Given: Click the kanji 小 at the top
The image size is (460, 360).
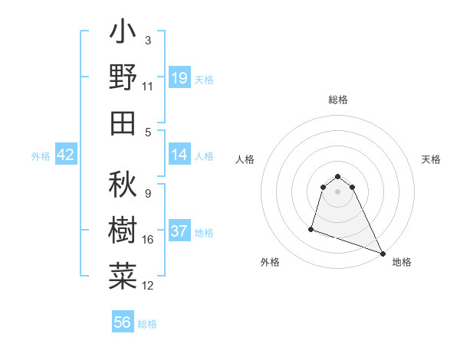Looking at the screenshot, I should pyautogui.click(x=123, y=34).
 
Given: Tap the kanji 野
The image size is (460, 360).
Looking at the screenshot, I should pyautogui.click(x=123, y=77).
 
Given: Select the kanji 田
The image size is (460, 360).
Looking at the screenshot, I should pyautogui.click(x=123, y=123).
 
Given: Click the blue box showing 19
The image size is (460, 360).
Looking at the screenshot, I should pyautogui.click(x=179, y=78).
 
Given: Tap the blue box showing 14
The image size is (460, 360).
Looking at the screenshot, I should pyautogui.click(x=179, y=155).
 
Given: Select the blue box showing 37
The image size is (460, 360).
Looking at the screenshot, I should pyautogui.click(x=179, y=232).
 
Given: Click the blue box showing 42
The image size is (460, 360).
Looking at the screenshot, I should pyautogui.click(x=66, y=155).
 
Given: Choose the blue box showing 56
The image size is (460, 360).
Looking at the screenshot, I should pyautogui.click(x=123, y=322).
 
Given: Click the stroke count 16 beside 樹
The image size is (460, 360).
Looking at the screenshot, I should pyautogui.click(x=148, y=240).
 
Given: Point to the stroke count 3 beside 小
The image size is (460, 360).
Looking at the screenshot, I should pyautogui.click(x=148, y=40).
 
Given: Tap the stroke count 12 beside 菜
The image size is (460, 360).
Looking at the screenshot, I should pyautogui.click(x=148, y=286).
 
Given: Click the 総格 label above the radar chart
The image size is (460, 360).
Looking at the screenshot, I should pyautogui.click(x=337, y=100).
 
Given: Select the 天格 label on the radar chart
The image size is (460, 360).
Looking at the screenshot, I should pyautogui.click(x=432, y=159).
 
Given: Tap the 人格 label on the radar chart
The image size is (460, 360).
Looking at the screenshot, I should pyautogui.click(x=245, y=159).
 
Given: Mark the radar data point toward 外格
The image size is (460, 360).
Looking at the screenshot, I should pyautogui.click(x=312, y=228).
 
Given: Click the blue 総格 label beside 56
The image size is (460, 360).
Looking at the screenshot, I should pyautogui.click(x=147, y=324).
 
